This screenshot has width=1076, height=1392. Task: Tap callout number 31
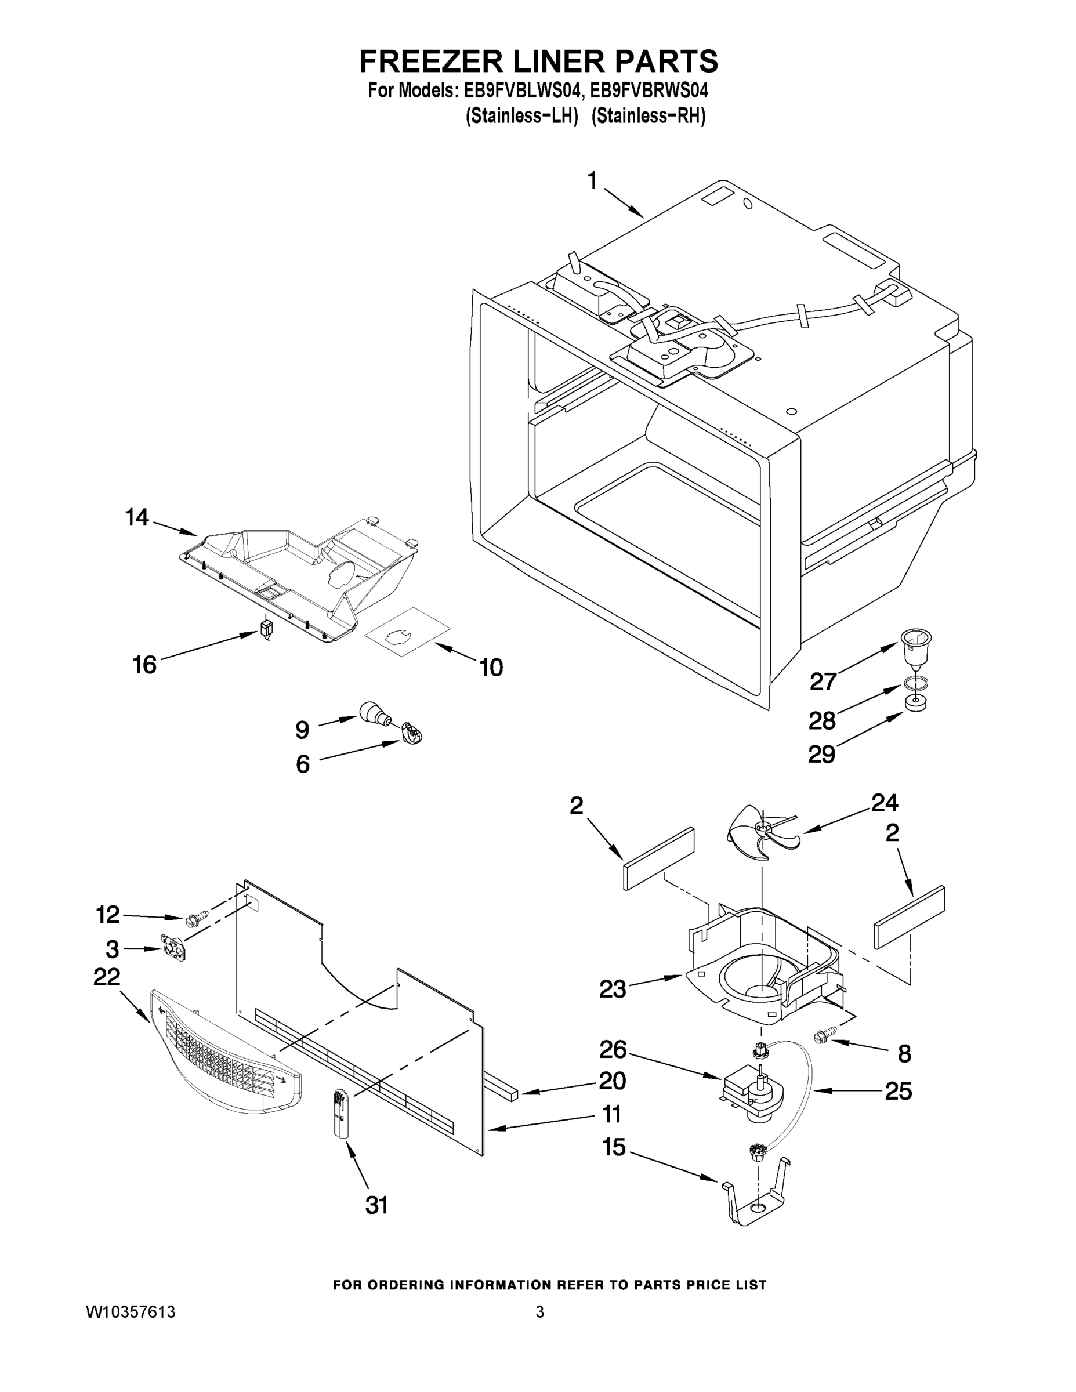pos(376,1205)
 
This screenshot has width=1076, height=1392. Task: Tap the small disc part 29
pos(914,705)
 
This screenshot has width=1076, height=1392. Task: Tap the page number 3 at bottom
pos(539,1312)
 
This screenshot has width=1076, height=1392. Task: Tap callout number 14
pos(136,517)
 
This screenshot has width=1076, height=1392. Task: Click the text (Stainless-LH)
pos(521,117)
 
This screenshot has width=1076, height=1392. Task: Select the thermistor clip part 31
pos(340,1113)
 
